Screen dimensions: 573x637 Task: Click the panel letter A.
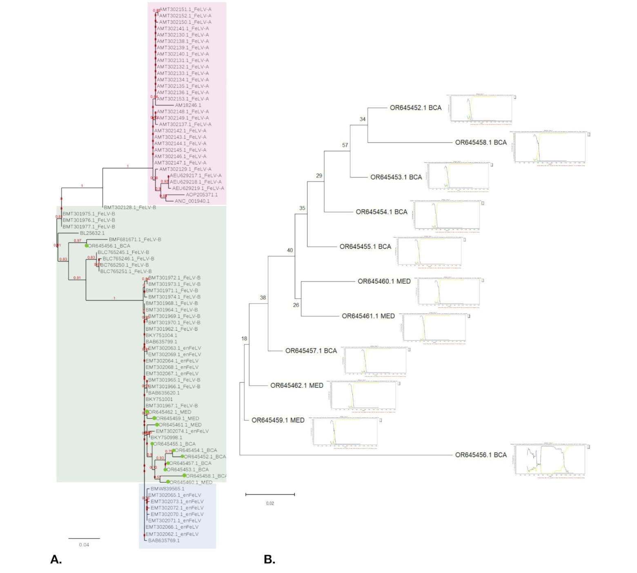point(56,560)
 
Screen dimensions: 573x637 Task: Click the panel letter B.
point(269,560)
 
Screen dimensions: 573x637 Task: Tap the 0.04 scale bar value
point(84,545)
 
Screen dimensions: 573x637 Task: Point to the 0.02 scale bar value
point(270,503)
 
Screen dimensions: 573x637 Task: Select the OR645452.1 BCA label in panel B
point(415,108)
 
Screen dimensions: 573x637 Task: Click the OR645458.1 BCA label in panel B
point(481,142)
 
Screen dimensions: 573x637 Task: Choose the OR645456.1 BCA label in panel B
point(481,455)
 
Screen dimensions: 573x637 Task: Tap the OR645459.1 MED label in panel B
point(278,420)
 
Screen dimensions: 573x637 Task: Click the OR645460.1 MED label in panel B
point(384,281)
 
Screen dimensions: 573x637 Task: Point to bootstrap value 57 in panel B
point(345,145)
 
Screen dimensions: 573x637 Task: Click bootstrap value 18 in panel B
point(244,338)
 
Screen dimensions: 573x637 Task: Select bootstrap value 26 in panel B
point(296,305)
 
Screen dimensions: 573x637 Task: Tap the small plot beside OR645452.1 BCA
point(481,108)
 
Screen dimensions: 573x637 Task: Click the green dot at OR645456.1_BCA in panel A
point(86,246)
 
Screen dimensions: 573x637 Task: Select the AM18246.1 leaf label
point(188,105)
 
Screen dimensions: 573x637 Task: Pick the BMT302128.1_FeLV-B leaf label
point(130,207)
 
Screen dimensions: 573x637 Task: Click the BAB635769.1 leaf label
point(164,540)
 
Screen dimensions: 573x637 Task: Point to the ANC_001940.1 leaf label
point(192,201)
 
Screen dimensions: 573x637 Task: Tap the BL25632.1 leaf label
point(92,233)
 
